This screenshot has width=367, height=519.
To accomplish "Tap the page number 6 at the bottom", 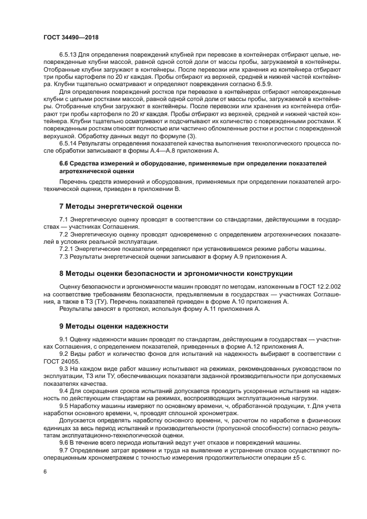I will [x=45, y=472].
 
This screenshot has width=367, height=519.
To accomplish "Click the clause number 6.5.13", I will [x=69, y=56].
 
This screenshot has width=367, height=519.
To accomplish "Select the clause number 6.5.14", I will [x=69, y=143].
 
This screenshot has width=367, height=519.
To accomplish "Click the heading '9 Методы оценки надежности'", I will [x=113, y=326].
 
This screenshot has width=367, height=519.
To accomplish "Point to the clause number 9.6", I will [x=64, y=442].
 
